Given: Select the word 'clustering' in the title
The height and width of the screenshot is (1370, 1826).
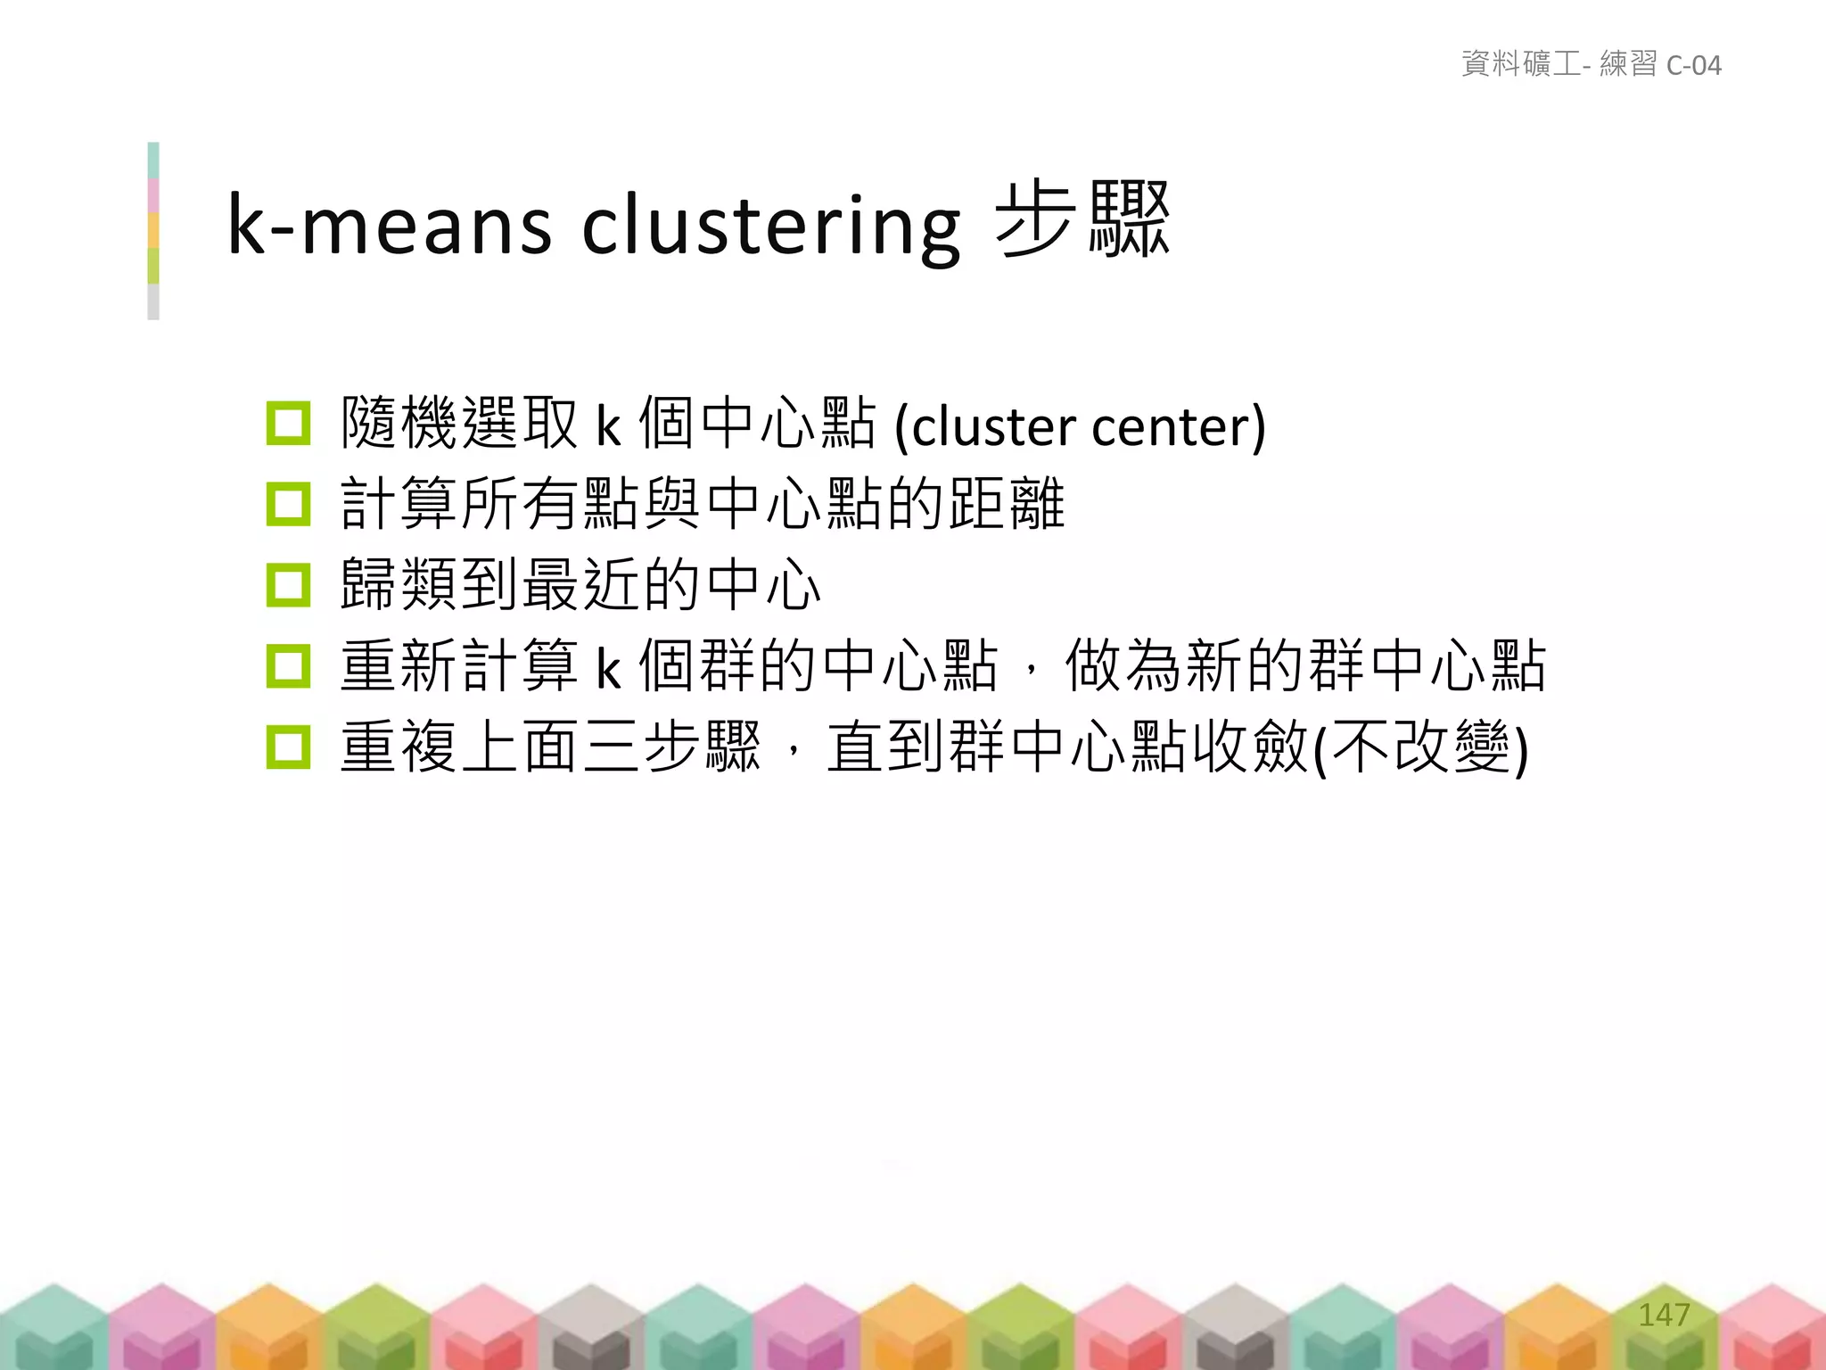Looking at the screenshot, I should point(771,225).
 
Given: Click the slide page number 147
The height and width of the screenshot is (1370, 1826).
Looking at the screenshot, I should point(1664,1314).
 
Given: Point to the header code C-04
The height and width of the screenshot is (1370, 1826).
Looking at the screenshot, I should point(1693,65).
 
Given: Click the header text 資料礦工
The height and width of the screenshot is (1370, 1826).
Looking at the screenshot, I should point(1521,64).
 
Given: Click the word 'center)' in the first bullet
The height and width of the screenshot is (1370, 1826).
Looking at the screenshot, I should point(1178,426).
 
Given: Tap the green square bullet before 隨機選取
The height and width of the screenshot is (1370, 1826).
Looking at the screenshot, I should point(288,424).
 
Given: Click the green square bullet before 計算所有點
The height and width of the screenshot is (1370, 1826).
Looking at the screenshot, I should point(288,504).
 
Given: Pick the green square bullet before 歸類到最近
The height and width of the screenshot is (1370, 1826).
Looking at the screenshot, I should point(288,585).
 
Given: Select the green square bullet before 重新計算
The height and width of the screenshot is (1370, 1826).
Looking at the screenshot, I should point(288,666).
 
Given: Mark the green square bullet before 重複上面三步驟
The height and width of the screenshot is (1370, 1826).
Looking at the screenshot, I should point(288,747).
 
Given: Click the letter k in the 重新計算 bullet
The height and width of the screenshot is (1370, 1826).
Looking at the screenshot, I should point(608,668).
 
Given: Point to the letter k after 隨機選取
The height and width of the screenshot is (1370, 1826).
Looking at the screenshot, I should point(608,426).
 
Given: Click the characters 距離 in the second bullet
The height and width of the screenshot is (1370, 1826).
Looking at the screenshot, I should point(1007,504).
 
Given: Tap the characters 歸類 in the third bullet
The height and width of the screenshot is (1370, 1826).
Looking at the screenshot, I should point(399,585).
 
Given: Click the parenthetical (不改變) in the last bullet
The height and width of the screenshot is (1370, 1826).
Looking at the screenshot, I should point(1422,747).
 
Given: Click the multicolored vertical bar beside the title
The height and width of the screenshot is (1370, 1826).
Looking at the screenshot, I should point(153,230).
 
